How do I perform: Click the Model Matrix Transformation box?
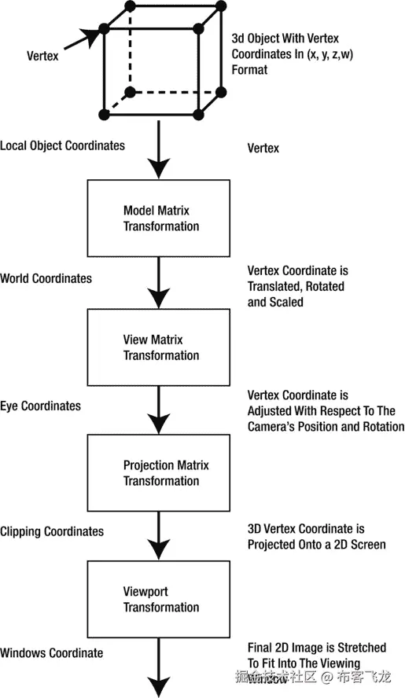point(160,219)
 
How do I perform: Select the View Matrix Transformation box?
point(160,347)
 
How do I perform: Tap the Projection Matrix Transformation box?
point(160,473)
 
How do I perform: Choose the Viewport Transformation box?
point(160,599)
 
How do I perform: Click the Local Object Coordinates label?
point(62,146)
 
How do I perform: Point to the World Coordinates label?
point(46,278)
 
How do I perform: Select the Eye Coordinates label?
point(40,406)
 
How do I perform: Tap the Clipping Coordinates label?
point(52,531)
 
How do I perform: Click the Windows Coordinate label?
point(51,652)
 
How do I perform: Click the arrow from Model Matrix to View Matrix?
point(160,283)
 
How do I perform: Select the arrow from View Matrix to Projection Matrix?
point(160,410)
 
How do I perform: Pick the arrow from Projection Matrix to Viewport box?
point(160,536)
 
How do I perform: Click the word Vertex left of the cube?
point(42,57)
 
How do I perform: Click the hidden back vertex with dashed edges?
point(130,91)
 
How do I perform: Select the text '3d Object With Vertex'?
point(285,38)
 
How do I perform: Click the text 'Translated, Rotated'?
point(296,286)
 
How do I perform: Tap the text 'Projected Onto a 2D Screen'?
point(316,544)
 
